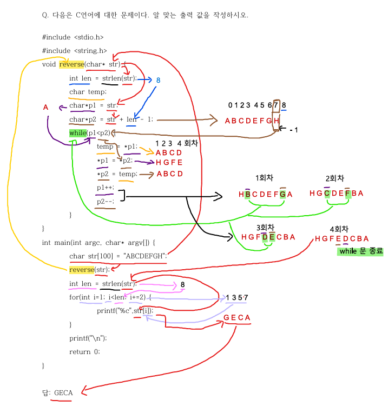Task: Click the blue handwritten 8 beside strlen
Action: click(x=158, y=80)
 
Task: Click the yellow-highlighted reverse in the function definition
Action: click(x=71, y=64)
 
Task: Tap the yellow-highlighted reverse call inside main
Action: click(x=82, y=270)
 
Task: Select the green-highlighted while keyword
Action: click(x=78, y=133)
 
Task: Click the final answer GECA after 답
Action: click(x=63, y=392)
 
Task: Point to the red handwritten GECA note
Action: click(x=236, y=318)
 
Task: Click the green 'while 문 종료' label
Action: click(x=360, y=251)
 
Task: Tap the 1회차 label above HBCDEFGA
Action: click(x=265, y=178)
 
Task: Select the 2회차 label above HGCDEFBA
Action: click(x=335, y=178)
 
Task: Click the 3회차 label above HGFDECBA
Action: click(x=266, y=227)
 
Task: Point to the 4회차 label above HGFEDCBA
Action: click(x=339, y=229)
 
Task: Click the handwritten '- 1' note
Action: click(x=294, y=130)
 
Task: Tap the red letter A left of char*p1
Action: click(x=45, y=108)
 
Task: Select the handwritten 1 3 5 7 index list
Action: click(x=236, y=298)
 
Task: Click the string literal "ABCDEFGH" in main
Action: click(x=144, y=256)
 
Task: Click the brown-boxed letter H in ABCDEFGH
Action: click(x=276, y=121)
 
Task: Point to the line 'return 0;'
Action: click(x=84, y=352)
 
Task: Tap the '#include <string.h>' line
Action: click(x=74, y=51)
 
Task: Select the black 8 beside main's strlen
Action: click(x=183, y=284)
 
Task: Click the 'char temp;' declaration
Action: click(x=88, y=92)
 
